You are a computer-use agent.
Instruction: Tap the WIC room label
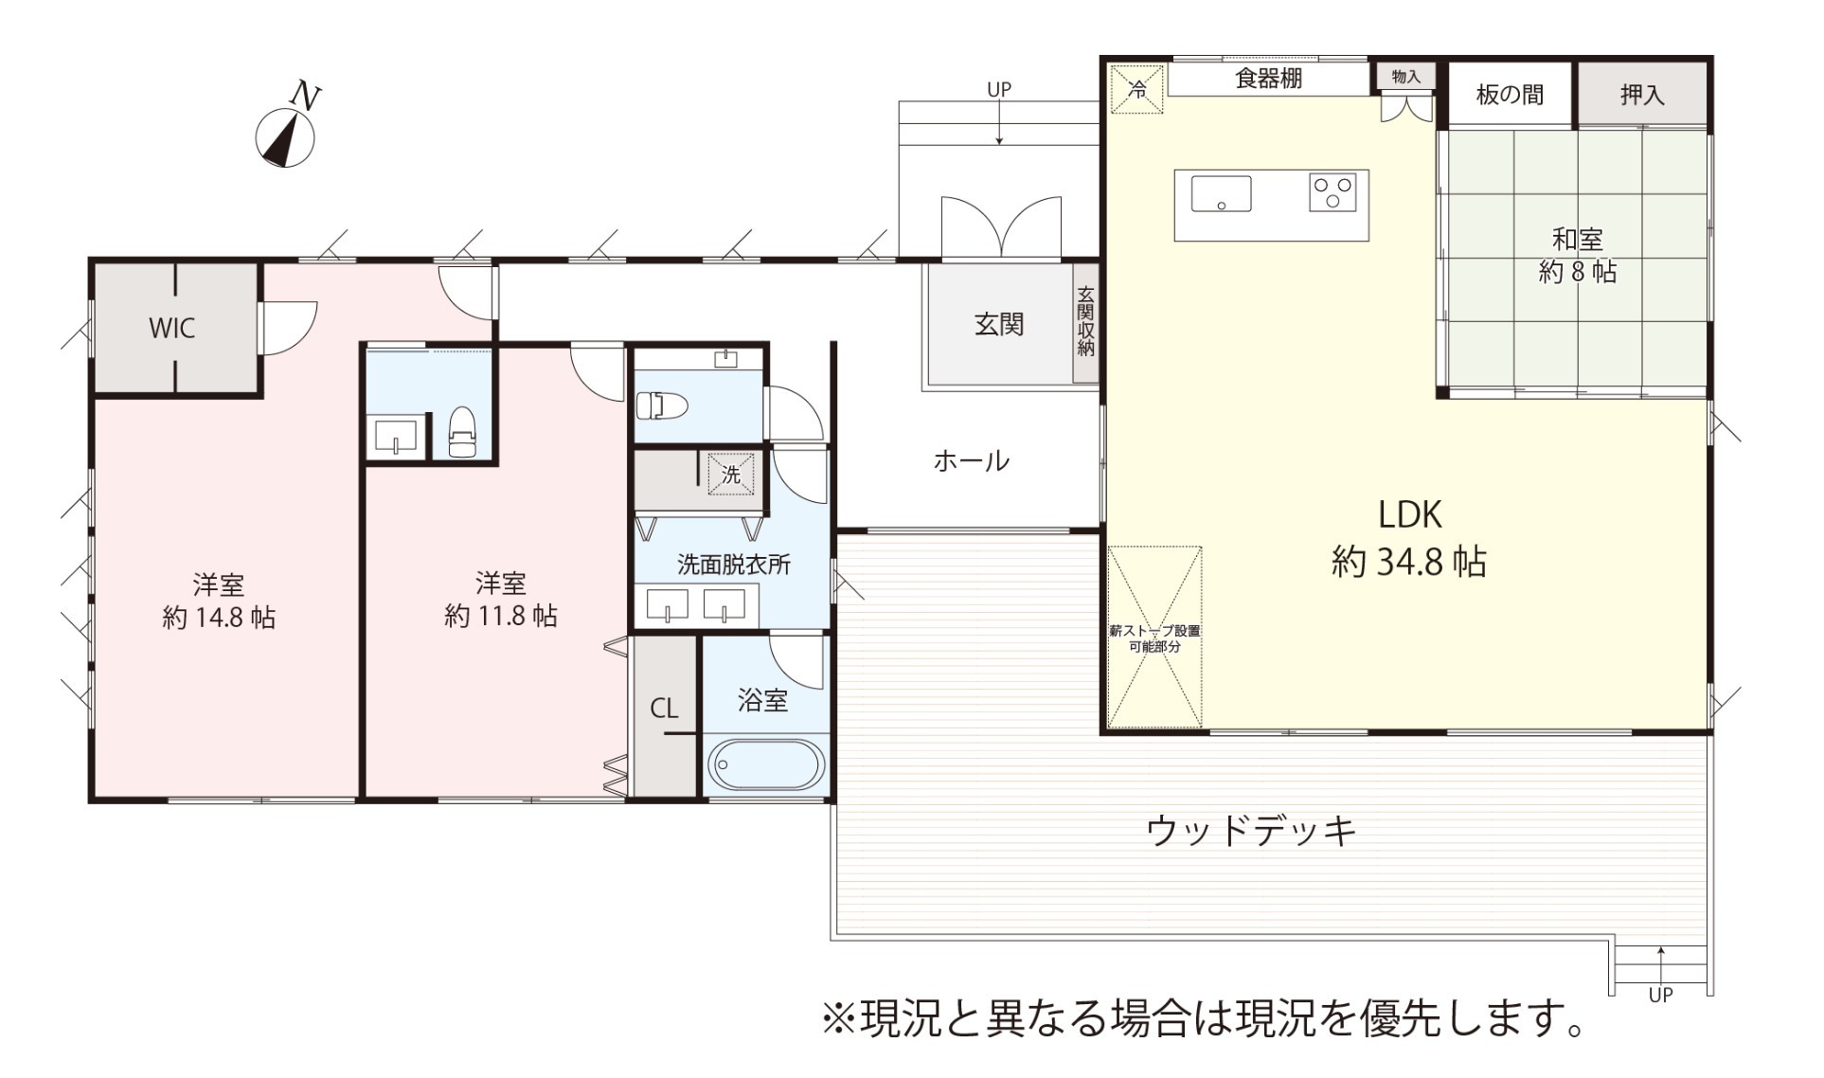coord(171,328)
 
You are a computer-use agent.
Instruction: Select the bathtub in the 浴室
coord(766,764)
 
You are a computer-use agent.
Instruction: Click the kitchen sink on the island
coord(1221,194)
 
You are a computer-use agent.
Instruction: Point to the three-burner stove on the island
coord(1332,192)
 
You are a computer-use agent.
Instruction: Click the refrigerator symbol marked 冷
coord(1136,89)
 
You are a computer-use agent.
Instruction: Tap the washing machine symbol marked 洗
coord(731,474)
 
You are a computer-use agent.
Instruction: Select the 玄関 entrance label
coord(999,324)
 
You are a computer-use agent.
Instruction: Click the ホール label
coord(971,461)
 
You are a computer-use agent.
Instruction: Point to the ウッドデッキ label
coord(1251,831)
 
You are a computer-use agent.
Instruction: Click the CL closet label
coord(664,709)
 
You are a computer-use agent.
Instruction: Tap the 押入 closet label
coord(1641,94)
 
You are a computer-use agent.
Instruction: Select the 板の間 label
coord(1510,94)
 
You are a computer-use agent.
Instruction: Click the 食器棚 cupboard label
coord(1269,78)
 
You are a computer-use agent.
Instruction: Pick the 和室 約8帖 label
coord(1578,255)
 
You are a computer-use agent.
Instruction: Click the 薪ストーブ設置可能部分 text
coord(1155,638)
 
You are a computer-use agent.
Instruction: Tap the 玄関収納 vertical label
coord(1085,321)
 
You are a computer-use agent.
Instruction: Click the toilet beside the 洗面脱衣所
coord(661,406)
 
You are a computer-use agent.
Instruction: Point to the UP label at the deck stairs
coord(1660,995)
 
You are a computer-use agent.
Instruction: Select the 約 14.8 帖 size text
coord(219,618)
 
